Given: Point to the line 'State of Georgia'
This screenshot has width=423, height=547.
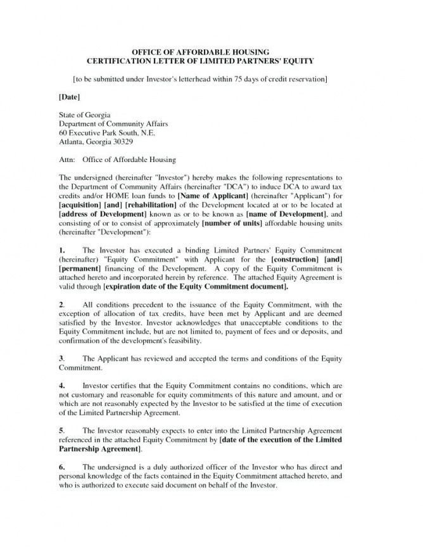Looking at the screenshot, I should click(x=81, y=115).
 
